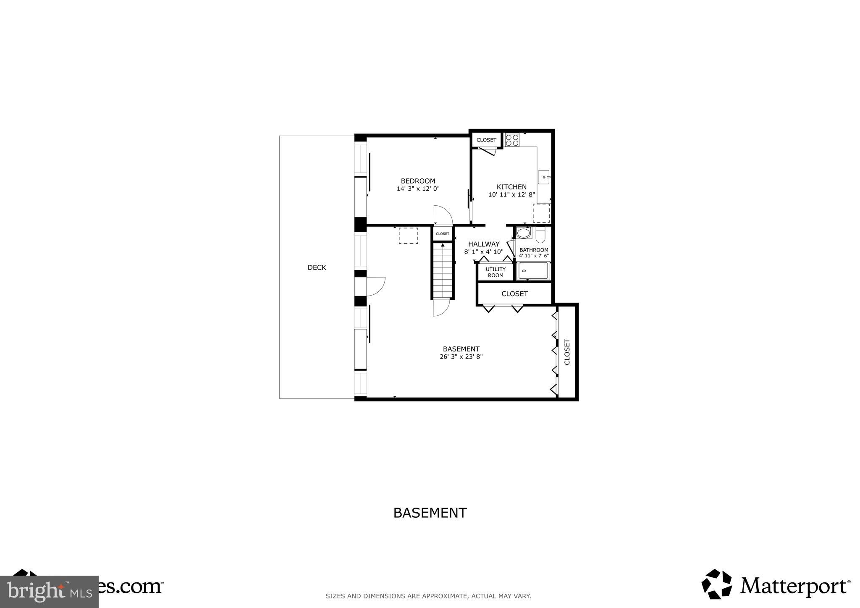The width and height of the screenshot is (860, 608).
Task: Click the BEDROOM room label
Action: pos(418,181)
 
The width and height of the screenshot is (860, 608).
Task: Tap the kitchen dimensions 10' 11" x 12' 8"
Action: pos(511,195)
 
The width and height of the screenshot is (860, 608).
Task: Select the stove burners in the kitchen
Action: pos(512,140)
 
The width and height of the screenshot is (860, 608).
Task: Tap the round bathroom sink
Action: pos(523,233)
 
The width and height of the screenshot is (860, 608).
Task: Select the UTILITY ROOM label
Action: pos(496,272)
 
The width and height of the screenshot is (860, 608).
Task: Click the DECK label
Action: pos(317,267)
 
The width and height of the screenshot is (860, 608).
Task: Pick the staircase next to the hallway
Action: pos(443,271)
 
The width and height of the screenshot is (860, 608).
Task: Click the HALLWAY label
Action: pos(484,244)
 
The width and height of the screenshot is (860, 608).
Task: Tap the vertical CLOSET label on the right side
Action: pos(567,351)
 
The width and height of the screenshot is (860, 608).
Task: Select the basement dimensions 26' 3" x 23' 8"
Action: pos(461,357)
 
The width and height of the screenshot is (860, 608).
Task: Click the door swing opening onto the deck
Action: pos(376,286)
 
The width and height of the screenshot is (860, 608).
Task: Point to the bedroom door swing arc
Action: pos(443,215)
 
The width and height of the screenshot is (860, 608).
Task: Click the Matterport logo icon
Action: pos(717,584)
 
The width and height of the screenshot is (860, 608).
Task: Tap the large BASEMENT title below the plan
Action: pos(430,513)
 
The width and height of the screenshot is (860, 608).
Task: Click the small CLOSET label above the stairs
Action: pos(443,234)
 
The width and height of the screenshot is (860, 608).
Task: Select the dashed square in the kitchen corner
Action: pos(541,213)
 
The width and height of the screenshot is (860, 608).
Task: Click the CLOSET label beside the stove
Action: pos(486,140)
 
